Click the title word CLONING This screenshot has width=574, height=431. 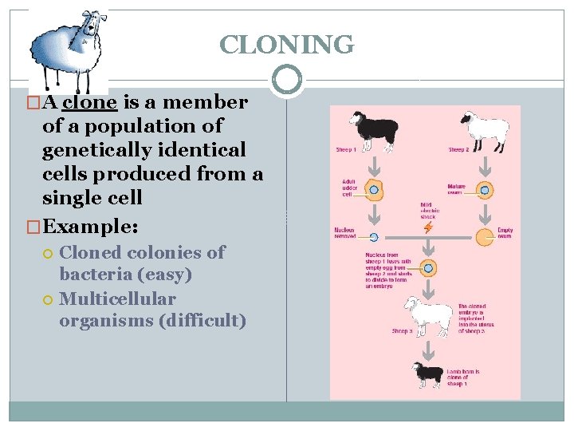tap(286, 45)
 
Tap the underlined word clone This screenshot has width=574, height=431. tap(90, 102)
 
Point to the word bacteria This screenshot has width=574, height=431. tap(93, 275)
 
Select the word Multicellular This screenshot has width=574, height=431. tap(117, 299)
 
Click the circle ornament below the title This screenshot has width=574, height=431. tap(286, 80)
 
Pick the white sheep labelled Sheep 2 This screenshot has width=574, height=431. tap(484, 129)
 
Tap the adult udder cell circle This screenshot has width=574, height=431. tap(372, 190)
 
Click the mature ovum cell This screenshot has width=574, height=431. tap(484, 190)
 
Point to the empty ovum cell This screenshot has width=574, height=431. tap(484, 236)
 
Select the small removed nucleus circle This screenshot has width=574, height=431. tap(372, 236)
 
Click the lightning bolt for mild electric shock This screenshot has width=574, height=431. tap(429, 227)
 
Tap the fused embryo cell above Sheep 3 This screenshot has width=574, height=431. tap(429, 268)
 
